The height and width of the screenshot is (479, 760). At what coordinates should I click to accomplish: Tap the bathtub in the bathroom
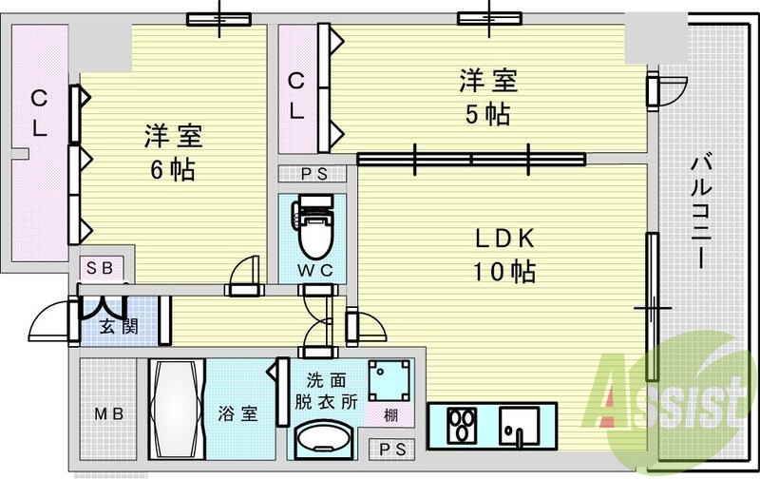click(177, 409)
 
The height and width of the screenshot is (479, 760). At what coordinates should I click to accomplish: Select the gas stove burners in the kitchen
click(462, 426)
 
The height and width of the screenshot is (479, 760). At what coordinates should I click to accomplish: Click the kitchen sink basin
click(519, 425)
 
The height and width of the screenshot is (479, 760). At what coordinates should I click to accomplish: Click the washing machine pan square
click(389, 380)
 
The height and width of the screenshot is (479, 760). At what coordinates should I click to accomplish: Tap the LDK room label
click(504, 239)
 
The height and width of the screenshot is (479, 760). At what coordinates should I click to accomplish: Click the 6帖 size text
click(173, 170)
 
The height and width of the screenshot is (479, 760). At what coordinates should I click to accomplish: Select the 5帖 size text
click(487, 114)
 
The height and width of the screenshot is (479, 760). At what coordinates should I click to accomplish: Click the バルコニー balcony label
click(701, 210)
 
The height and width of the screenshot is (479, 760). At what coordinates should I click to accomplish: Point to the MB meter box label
click(109, 414)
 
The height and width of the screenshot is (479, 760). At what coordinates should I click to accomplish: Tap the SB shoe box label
click(100, 268)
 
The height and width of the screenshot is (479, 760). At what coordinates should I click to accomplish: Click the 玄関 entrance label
click(119, 326)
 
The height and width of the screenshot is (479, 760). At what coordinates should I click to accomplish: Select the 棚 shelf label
click(390, 415)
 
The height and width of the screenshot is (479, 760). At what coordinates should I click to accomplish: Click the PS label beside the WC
click(314, 174)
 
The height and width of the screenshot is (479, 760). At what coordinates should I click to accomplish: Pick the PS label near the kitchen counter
click(392, 450)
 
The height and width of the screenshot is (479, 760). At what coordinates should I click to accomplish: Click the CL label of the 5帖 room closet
click(296, 96)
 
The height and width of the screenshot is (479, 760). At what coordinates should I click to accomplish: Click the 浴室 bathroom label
click(237, 413)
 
